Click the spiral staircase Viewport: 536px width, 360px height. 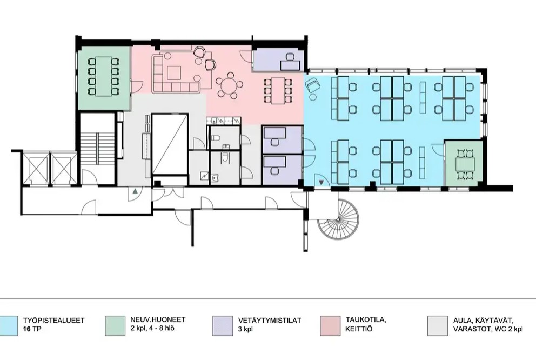point(338,219)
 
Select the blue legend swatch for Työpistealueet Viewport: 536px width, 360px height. point(9,325)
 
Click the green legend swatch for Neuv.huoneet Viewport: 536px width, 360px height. point(115,325)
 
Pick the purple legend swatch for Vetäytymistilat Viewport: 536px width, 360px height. point(223,325)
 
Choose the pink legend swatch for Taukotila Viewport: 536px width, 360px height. point(330,325)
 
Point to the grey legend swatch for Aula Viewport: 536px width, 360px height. point(438,325)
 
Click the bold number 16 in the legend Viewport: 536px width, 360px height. point(26,330)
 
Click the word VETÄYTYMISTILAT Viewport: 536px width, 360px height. point(270,321)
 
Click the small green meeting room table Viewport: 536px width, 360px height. point(466,164)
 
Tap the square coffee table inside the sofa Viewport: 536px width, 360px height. point(174,73)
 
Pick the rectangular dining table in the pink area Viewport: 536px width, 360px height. point(278,90)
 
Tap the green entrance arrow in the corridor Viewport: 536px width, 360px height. point(136,191)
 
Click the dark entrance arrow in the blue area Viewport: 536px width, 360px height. point(321,183)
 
